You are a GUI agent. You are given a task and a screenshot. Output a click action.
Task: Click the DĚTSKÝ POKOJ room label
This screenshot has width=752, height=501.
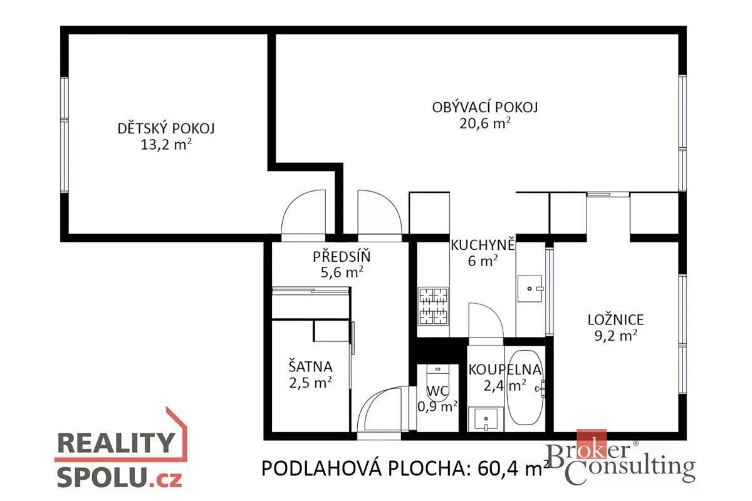[x=166, y=129]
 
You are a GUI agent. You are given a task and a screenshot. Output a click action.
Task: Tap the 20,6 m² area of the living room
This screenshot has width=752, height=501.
[x=485, y=123]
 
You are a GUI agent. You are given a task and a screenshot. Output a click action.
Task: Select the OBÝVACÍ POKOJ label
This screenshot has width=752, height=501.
[x=485, y=107]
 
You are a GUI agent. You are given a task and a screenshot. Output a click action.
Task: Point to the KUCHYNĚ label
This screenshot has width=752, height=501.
[x=483, y=245]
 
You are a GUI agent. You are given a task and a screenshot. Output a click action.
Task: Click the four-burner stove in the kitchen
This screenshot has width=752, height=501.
[x=434, y=306]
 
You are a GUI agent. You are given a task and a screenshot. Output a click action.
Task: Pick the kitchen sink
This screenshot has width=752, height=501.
[x=530, y=289]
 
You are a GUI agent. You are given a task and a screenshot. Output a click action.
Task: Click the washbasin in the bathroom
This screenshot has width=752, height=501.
[x=486, y=419]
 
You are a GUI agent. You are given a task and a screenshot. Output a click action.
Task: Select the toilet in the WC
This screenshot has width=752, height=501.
[x=437, y=383]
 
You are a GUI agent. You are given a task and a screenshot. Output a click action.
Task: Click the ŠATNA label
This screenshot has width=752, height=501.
[x=311, y=367]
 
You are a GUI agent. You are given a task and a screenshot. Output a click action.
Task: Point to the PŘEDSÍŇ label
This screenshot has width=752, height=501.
[x=342, y=257]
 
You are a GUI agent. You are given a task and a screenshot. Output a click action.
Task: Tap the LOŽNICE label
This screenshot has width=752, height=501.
[x=615, y=320]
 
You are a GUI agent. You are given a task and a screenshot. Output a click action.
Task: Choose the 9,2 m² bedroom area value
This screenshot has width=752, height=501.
[x=615, y=336]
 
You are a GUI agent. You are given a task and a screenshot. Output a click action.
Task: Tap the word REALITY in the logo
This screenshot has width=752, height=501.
[x=116, y=443]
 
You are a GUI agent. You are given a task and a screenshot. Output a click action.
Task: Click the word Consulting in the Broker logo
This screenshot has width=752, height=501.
[x=630, y=467]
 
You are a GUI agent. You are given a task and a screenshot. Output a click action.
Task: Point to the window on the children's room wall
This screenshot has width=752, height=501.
[x=64, y=135]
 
